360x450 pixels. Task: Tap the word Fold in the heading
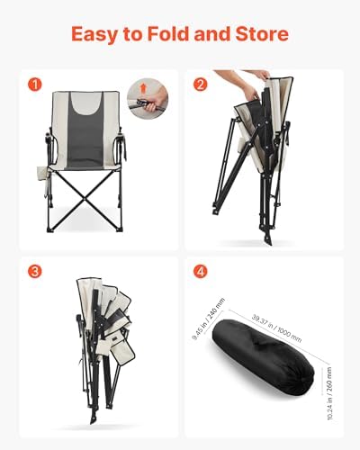tap(168, 34)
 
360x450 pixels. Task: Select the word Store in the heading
tap(262, 34)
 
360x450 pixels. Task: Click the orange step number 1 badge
tap(35, 85)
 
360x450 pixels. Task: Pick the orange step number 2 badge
tap(201, 85)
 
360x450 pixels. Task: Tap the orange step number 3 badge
tap(35, 272)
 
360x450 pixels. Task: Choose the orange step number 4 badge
tap(201, 272)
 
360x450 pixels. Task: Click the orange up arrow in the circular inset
tap(143, 88)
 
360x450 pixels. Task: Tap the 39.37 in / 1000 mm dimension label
tap(276, 328)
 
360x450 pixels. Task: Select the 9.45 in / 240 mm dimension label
tap(208, 319)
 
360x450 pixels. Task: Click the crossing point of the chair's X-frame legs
tap(85, 199)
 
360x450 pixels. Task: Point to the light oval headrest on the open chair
tap(86, 103)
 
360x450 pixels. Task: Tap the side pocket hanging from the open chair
tap(42, 175)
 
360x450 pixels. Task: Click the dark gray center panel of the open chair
tap(85, 135)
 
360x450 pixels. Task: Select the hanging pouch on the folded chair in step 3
tap(122, 352)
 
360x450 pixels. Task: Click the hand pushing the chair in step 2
tap(251, 92)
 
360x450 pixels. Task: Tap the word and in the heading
tap(212, 34)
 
